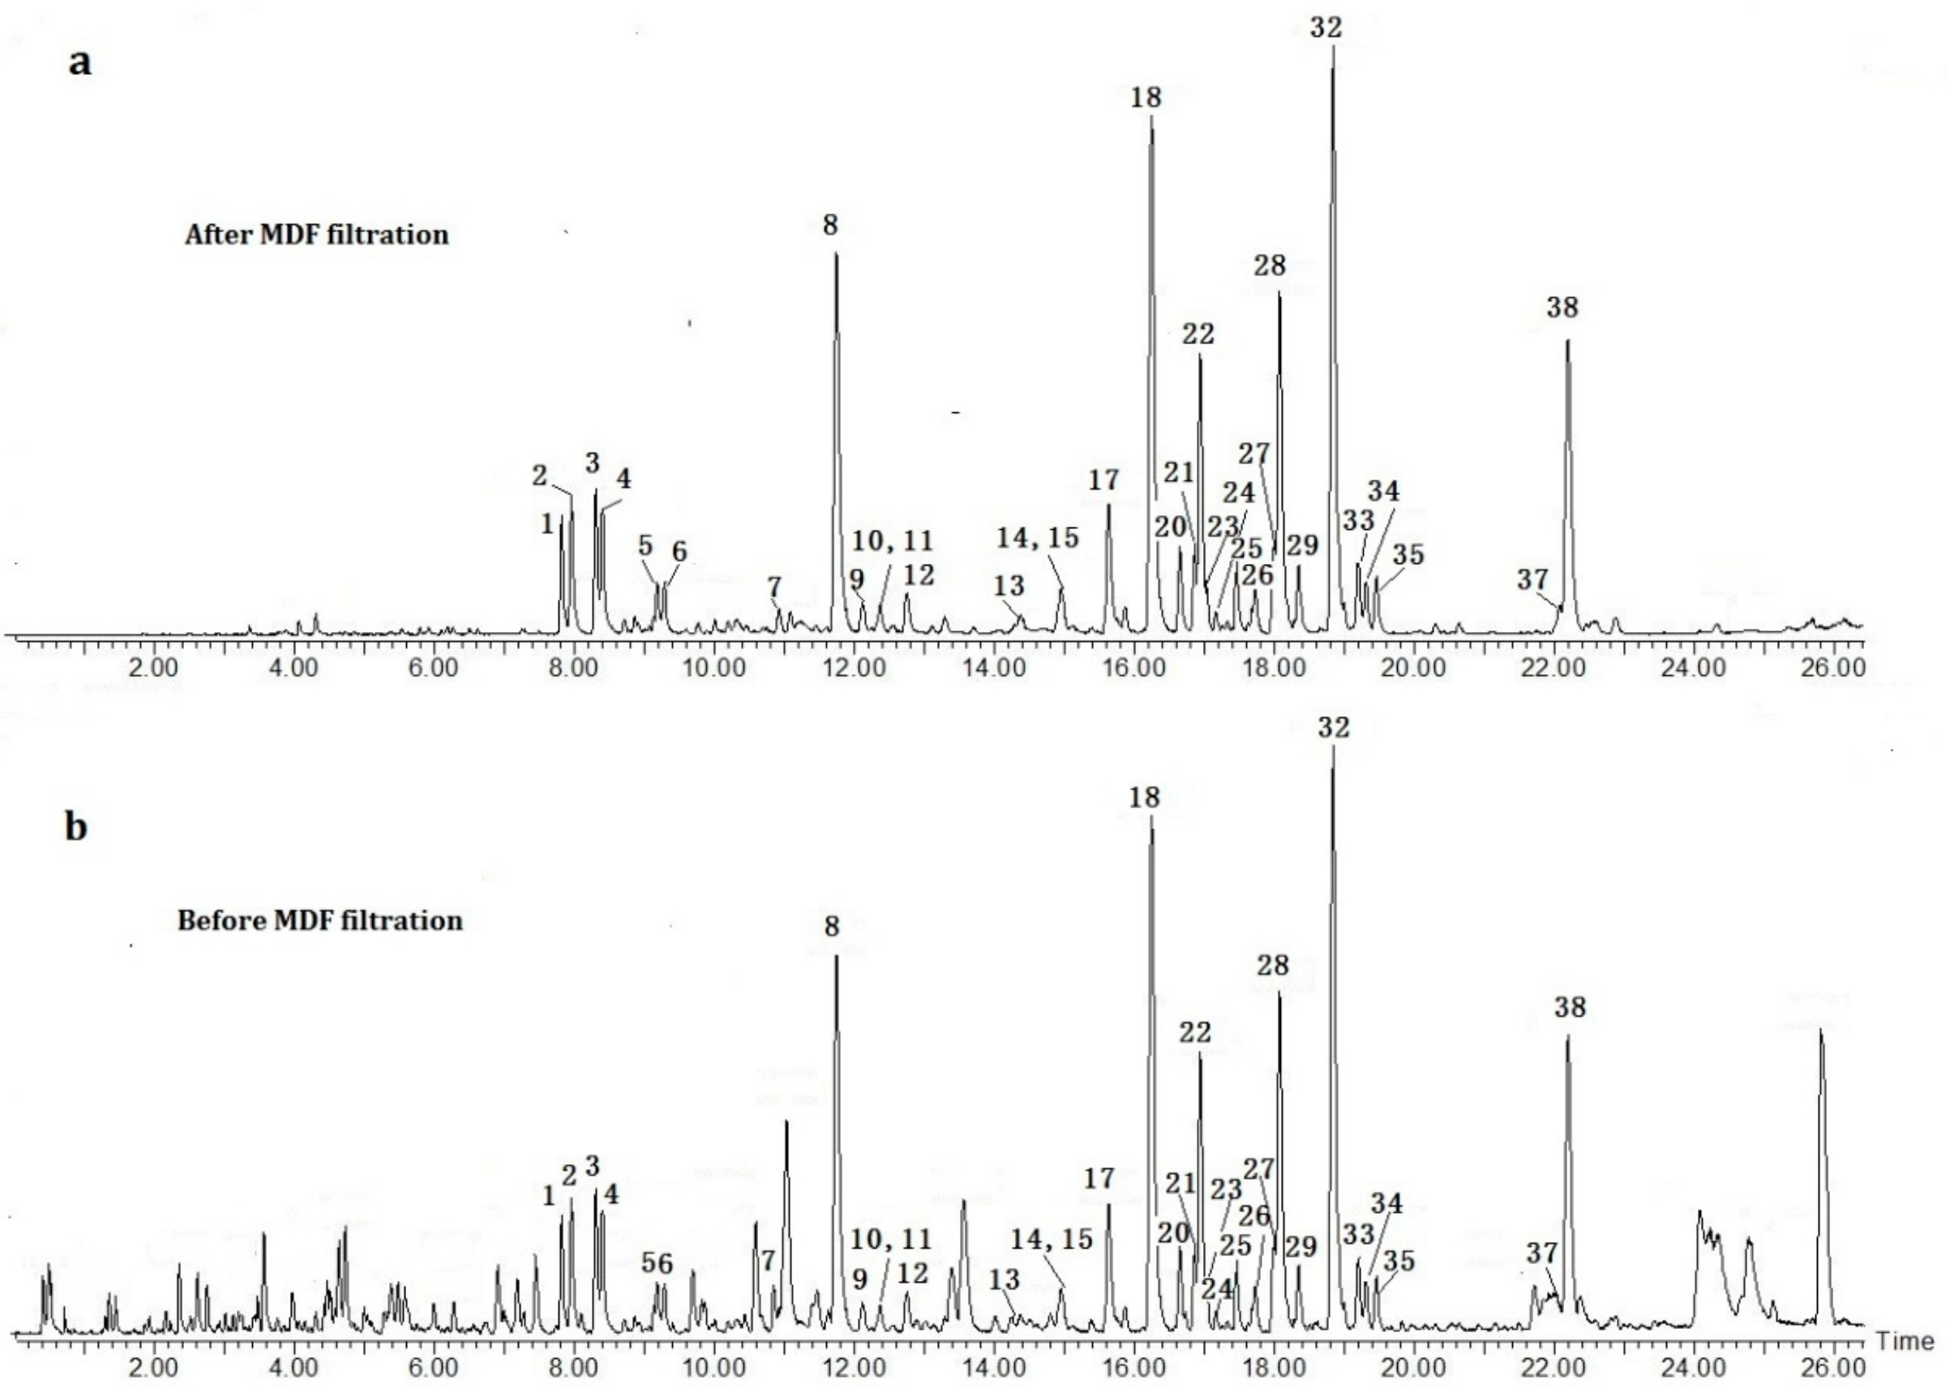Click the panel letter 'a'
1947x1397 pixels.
pyautogui.click(x=80, y=62)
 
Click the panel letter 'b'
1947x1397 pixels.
pyautogui.click(x=77, y=828)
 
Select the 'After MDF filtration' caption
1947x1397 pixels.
pyautogui.click(x=317, y=234)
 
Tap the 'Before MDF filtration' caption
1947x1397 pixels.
pyautogui.click(x=320, y=921)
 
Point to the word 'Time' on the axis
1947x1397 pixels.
pyautogui.click(x=1910, y=1341)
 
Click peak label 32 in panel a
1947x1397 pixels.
pyautogui.click(x=1326, y=28)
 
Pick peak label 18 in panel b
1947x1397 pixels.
pyautogui.click(x=1144, y=798)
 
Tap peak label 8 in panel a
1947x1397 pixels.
pyautogui.click(x=829, y=225)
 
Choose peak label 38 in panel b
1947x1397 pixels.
pyautogui.click(x=1570, y=1007)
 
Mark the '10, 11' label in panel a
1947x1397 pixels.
pyautogui.click(x=893, y=541)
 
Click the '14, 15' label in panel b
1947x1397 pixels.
pyautogui.click(x=1051, y=1238)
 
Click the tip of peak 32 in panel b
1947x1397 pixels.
pyautogui.click(x=1332, y=747)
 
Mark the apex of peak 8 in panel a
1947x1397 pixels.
pyautogui.click(x=836, y=254)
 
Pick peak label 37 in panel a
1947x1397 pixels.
pyautogui.click(x=1532, y=579)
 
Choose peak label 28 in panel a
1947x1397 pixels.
pyautogui.click(x=1269, y=266)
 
